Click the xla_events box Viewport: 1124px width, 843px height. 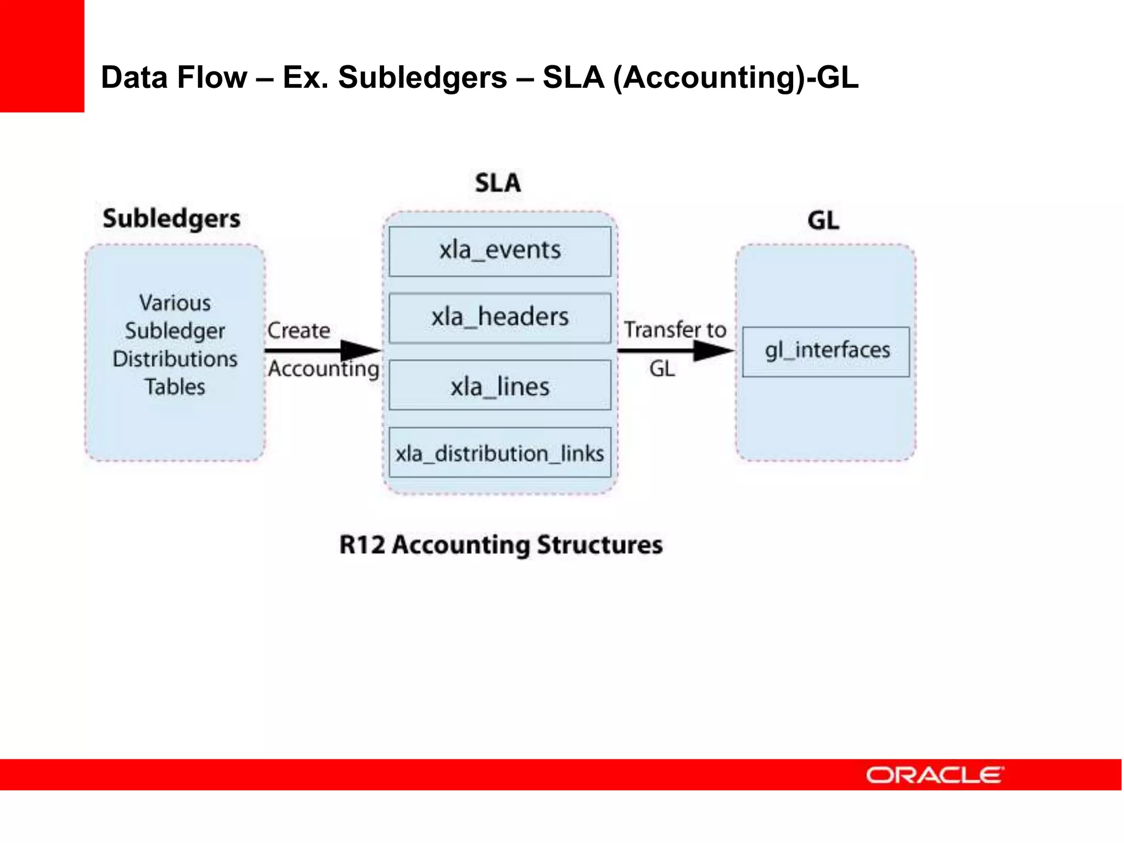coord(499,251)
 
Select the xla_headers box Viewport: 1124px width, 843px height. coord(499,318)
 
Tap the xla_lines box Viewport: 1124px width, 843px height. coord(499,385)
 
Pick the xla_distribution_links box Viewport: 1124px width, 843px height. coord(499,453)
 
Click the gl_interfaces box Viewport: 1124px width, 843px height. coord(826,351)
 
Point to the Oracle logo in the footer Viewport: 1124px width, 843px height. coord(935,775)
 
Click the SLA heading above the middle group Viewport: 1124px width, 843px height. coord(498,183)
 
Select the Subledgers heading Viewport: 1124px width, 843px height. coord(171,218)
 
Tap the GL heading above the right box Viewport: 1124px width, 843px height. coord(823,220)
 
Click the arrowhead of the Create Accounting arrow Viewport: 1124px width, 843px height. coord(359,350)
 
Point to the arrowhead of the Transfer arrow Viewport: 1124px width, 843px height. coord(712,350)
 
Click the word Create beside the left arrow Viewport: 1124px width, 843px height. coord(299,330)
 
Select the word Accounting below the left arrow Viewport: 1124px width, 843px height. coord(323,369)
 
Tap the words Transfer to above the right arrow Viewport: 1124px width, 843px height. coord(675,330)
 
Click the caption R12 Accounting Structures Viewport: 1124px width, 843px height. coord(501,545)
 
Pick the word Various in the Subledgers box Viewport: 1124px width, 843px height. coord(175,303)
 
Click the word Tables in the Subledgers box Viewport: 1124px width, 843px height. coord(175,387)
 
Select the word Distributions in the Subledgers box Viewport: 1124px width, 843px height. coord(175,359)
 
